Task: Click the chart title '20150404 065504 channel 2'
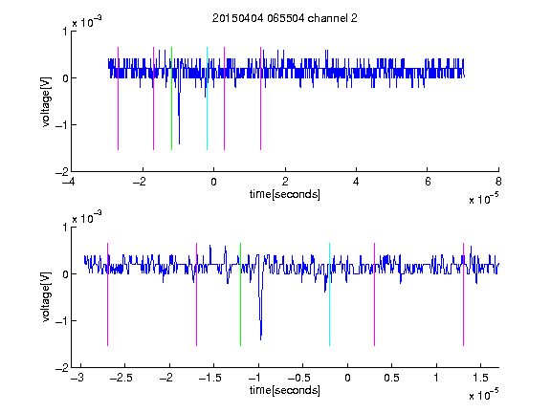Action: tap(285, 18)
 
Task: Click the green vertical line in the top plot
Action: tap(171, 98)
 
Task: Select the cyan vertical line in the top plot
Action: tap(207, 98)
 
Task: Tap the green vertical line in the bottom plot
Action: tap(240, 294)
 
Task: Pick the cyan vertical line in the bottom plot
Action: tap(329, 294)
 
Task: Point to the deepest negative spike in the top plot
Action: tap(179, 143)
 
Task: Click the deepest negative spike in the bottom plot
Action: tap(261, 338)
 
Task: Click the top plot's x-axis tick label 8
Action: tap(498, 182)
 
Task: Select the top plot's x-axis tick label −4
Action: tap(69, 182)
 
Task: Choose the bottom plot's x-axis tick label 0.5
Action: tap(391, 378)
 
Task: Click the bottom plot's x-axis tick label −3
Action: tap(77, 378)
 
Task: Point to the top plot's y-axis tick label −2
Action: tap(62, 172)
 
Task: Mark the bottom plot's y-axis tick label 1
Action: tap(65, 228)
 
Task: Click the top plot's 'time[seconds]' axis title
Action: tap(285, 194)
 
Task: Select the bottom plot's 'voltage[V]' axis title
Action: tap(46, 296)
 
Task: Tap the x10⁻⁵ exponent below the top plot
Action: tap(483, 199)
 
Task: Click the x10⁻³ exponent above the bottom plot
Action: tap(87, 218)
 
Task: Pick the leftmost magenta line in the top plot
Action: tap(118, 98)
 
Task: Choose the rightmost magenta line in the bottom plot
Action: tap(463, 294)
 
